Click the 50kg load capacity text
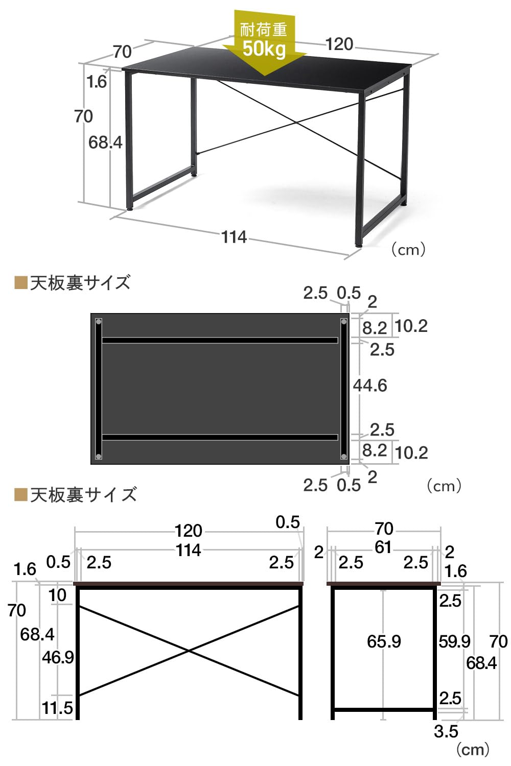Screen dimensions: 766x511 coord(264,50)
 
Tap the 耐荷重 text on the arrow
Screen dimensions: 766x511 coord(264,30)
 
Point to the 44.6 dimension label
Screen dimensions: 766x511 coord(370,386)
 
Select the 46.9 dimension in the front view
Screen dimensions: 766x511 coord(58,657)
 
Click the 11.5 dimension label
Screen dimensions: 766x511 coord(57,708)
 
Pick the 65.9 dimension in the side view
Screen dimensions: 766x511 coord(384,641)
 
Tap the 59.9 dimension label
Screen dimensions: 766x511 coord(454,641)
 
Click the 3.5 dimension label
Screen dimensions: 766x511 coord(446,731)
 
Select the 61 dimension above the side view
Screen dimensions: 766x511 coord(383,547)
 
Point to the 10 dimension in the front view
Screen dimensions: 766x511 coord(58,595)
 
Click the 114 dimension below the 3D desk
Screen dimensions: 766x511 coord(234,237)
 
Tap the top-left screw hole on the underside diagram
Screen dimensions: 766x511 coord(99,322)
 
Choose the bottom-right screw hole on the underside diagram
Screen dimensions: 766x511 coord(344,456)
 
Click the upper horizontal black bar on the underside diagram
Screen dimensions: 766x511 coord(220,340)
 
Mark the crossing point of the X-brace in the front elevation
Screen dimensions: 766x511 coord(189,651)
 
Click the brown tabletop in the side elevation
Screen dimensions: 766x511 coord(383,583)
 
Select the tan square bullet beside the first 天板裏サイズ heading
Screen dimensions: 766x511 coord(21,283)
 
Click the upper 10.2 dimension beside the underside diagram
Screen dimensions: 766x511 coord(411,326)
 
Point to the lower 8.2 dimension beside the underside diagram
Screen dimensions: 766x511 coord(375,450)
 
